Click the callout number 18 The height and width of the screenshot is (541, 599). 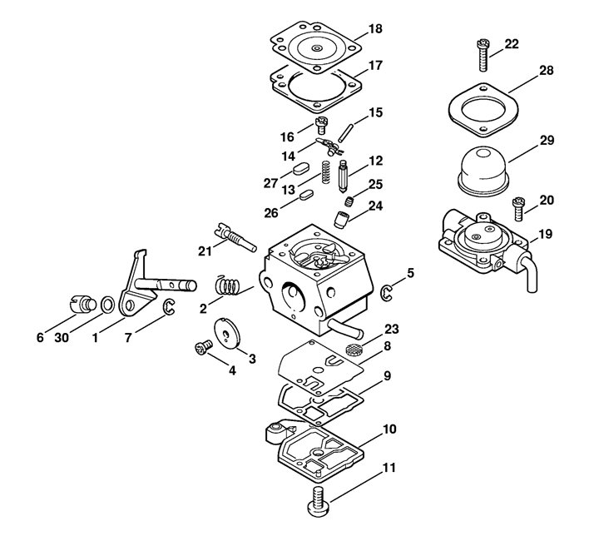coord(375,29)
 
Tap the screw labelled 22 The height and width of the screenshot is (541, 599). coord(483,55)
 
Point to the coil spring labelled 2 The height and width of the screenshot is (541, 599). coord(228,285)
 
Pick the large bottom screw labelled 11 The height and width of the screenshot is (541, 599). coord(318,501)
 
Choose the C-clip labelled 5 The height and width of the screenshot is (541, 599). coord(387,293)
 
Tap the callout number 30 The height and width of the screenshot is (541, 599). coord(62,338)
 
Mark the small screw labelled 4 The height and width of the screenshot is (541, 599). coord(204,347)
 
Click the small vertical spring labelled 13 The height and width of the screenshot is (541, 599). coord(325,171)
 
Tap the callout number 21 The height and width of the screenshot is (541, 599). coord(205,251)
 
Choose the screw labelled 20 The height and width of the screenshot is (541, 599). coord(518,209)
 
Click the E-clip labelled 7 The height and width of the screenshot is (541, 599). coord(169,308)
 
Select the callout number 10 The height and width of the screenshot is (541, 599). coord(389,429)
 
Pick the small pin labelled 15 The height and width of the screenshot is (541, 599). coord(346,132)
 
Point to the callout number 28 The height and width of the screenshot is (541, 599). coord(547,71)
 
